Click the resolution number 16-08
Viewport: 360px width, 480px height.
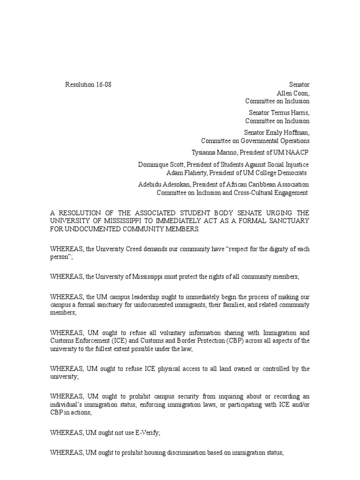[x=103, y=85]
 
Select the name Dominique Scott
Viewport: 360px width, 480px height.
[x=158, y=165]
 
